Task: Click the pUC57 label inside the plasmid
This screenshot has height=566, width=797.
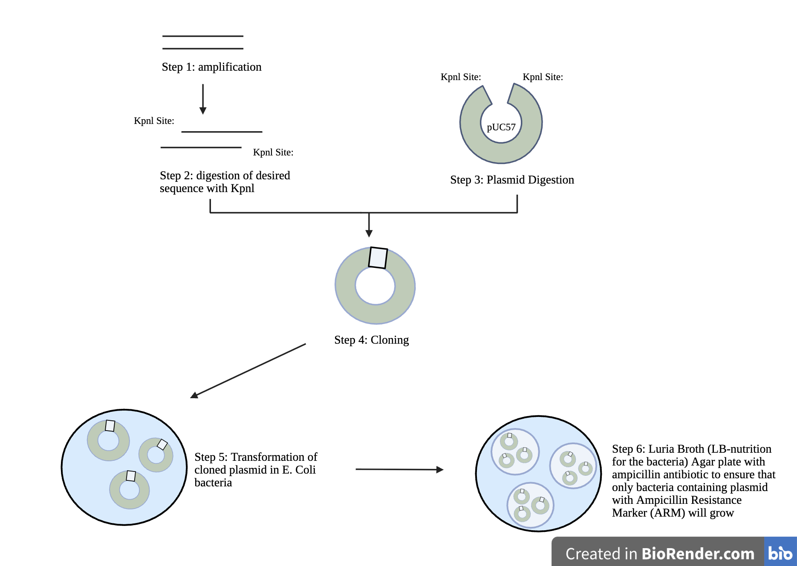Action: coord(501,127)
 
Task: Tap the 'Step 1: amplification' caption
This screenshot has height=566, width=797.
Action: coord(211,67)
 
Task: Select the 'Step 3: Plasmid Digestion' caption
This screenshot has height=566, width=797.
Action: coord(512,180)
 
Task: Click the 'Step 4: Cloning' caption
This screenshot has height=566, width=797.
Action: coord(371,340)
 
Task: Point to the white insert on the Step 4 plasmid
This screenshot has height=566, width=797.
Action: coord(378,258)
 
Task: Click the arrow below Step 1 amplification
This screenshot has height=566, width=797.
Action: coord(203,99)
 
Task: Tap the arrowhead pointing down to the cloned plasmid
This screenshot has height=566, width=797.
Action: coord(369,233)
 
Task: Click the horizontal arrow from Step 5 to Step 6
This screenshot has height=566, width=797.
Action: coord(399,469)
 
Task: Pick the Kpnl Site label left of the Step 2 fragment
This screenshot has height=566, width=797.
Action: coord(154,121)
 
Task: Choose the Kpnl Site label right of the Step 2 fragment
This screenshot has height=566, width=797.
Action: coord(273,152)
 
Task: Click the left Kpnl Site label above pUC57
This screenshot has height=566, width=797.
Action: coord(461,77)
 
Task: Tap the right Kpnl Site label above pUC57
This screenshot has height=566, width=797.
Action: coord(543,77)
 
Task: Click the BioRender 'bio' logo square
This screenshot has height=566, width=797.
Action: coord(780,553)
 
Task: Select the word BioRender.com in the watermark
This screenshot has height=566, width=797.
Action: coord(698,554)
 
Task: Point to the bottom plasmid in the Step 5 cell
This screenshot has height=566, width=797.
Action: coord(130,490)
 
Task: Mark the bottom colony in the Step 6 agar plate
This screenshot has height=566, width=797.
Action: coord(530,505)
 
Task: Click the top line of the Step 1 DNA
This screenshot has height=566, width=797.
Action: coord(203,36)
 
